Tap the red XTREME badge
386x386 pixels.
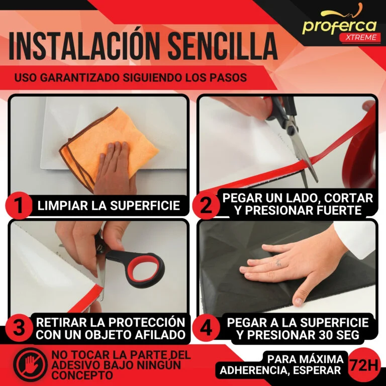point(359,37)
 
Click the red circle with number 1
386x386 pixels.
point(19,206)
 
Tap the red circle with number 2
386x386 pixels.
point(206,206)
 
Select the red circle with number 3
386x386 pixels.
point(19,328)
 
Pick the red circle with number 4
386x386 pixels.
point(206,328)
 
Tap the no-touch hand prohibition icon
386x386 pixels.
point(30,363)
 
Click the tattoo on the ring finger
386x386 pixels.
point(278,262)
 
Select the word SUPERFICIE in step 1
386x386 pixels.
point(145,206)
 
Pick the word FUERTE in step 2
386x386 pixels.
point(337,211)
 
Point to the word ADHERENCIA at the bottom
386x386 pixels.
point(253,370)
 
